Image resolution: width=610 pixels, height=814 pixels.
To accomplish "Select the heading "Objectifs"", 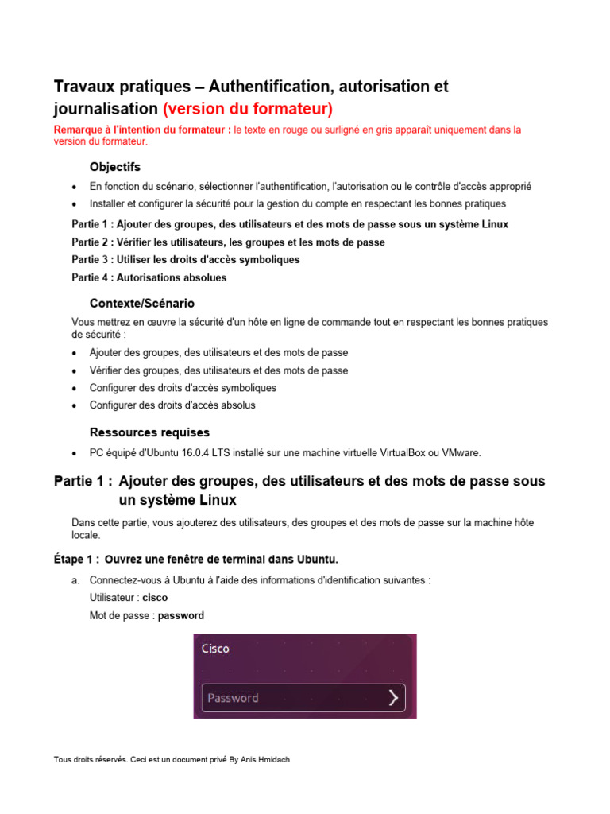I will tap(115, 167).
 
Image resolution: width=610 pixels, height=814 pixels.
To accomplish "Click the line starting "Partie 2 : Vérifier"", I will tap(228, 242).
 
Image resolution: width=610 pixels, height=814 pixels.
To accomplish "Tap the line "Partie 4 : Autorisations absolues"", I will tap(149, 277).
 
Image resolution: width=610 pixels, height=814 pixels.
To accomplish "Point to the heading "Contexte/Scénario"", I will tap(142, 304).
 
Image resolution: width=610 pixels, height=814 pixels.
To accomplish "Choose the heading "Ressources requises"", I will tap(149, 432).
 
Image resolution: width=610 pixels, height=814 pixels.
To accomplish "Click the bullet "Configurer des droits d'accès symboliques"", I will tap(183, 388).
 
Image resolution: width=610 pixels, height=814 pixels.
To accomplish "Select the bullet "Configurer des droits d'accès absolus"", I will tap(172, 405).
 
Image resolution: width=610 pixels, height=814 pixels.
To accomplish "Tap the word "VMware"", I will tap(460, 453).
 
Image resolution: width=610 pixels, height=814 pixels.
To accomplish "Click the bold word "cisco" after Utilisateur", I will tap(155, 598).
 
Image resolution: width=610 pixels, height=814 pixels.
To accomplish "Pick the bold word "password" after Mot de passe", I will tap(181, 615).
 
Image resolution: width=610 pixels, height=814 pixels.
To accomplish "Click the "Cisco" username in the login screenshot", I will tap(215, 649).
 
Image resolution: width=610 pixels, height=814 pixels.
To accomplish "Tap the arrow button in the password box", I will tap(393, 698).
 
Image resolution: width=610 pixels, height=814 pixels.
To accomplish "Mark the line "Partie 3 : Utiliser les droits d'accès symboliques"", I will tap(185, 260).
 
